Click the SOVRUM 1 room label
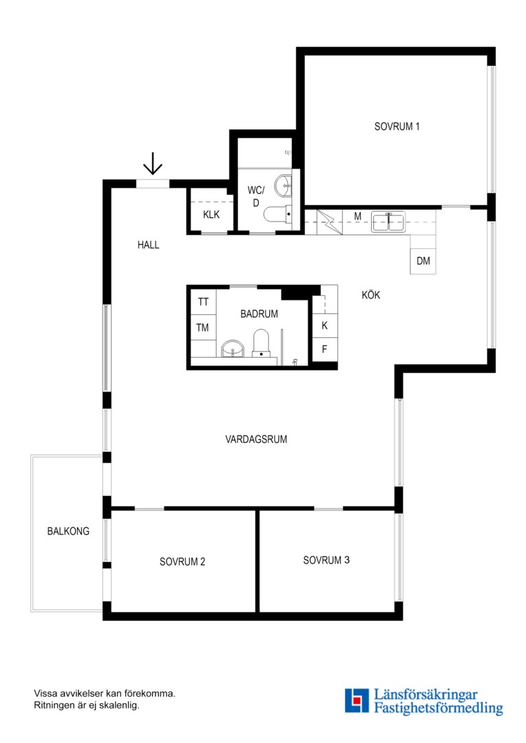point(397,127)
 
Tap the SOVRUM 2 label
point(182,561)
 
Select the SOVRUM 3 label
point(326,560)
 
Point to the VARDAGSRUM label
point(256,439)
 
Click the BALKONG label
point(68,531)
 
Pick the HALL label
point(149,245)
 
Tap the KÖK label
point(371,294)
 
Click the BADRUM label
point(259,314)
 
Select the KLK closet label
point(211,215)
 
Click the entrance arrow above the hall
point(153,164)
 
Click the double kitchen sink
point(388,222)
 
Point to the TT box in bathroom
point(204,302)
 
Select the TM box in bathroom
point(204,327)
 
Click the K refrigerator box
point(324,325)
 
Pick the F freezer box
point(324,349)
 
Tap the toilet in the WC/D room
point(277,214)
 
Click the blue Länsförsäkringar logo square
point(357,701)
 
